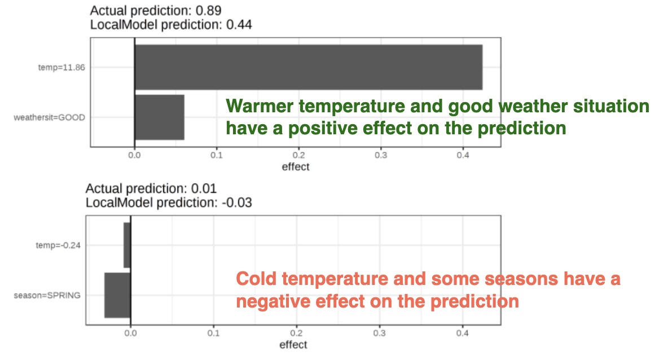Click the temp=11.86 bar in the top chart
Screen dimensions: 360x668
coord(308,67)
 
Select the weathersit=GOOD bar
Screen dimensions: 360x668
coord(159,117)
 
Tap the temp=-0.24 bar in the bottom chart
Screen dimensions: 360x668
coord(127,245)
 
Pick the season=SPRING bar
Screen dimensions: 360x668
coord(117,295)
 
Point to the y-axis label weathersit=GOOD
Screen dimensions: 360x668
coord(49,117)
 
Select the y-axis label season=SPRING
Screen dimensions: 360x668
coord(47,295)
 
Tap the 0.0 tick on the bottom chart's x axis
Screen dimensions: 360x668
coord(131,333)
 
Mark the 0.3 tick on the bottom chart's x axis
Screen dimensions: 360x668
coord(380,333)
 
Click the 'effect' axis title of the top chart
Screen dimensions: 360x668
coord(296,167)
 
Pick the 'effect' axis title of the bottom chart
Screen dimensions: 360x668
coord(293,345)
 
